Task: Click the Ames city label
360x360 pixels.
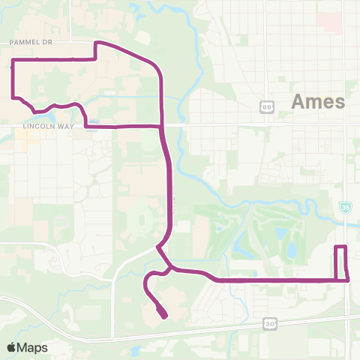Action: [x=318, y=101]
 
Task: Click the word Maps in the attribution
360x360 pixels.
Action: [x=34, y=347]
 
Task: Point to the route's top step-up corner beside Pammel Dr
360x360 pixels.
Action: [x=95, y=43]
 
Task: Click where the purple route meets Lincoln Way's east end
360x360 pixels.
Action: [x=161, y=126]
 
